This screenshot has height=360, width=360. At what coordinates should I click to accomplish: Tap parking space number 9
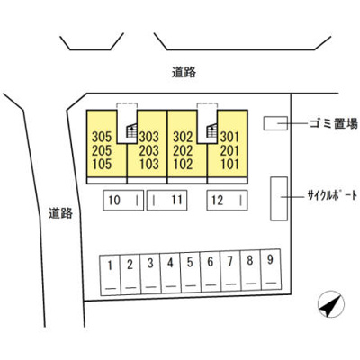coord(271,269)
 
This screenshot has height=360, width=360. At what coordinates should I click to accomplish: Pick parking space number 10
coord(123,200)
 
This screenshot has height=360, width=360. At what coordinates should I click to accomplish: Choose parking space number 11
coord(166,200)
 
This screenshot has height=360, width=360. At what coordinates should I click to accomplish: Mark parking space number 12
coord(227,200)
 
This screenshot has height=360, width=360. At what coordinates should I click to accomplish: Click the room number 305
coord(102,137)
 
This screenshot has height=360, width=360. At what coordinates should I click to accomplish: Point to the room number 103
coord(149,164)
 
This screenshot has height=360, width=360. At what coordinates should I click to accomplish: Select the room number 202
coord(183,150)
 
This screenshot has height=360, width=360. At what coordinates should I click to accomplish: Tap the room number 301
coord(230,137)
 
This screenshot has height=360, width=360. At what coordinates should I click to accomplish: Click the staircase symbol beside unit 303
coord(131,130)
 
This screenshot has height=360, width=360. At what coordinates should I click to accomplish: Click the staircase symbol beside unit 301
coord(211,130)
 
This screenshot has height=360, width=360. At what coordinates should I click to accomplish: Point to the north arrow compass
coord(331,304)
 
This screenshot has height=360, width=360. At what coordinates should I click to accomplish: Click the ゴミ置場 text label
coord(334,123)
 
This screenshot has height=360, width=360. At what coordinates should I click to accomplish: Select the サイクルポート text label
coord(332,196)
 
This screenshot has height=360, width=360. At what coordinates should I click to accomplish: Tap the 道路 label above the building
coord(184,72)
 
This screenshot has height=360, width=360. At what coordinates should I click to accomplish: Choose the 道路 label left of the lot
coord(60,213)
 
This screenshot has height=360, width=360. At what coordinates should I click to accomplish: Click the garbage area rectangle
coord(275,123)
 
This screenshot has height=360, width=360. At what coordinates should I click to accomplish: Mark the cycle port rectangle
coord(279,199)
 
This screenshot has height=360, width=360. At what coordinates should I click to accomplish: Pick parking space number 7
coord(230,271)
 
